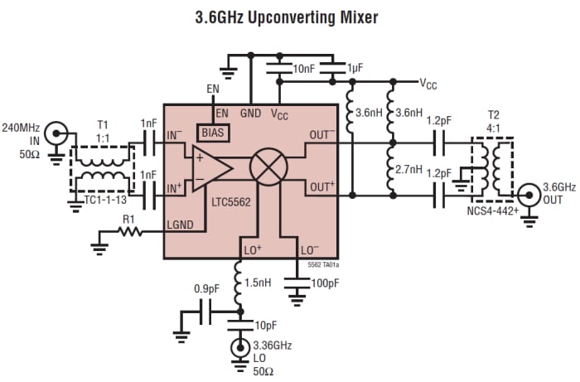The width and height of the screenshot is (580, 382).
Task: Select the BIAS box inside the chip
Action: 212,131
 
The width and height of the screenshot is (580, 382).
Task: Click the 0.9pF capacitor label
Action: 205,289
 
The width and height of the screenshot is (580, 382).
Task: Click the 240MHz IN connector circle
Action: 57,131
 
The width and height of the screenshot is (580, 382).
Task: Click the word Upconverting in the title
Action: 273,16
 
